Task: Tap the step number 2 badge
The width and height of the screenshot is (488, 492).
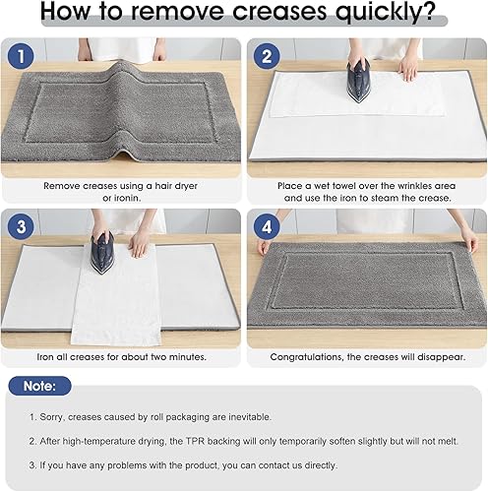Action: [x=266, y=56]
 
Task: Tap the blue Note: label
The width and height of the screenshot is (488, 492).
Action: [x=40, y=386]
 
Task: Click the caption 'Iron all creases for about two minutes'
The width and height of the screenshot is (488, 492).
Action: [x=122, y=356]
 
